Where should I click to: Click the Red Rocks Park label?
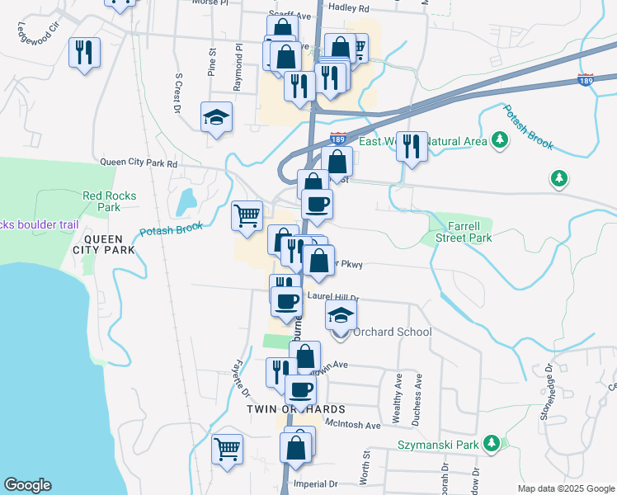(109, 201)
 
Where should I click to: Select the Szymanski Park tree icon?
(492, 444)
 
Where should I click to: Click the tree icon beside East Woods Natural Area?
(499, 141)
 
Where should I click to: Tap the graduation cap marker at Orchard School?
(340, 314)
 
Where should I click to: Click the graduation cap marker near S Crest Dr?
(216, 117)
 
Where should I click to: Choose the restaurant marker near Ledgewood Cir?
(83, 54)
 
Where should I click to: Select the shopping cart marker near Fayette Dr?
(227, 450)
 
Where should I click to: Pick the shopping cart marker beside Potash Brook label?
(247, 216)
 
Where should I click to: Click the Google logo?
(27, 485)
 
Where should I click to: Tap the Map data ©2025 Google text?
(565, 488)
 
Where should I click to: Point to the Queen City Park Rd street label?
(139, 163)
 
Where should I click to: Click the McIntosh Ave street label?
(352, 426)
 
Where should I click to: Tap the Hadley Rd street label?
(348, 7)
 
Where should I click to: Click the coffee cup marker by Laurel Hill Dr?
(287, 301)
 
